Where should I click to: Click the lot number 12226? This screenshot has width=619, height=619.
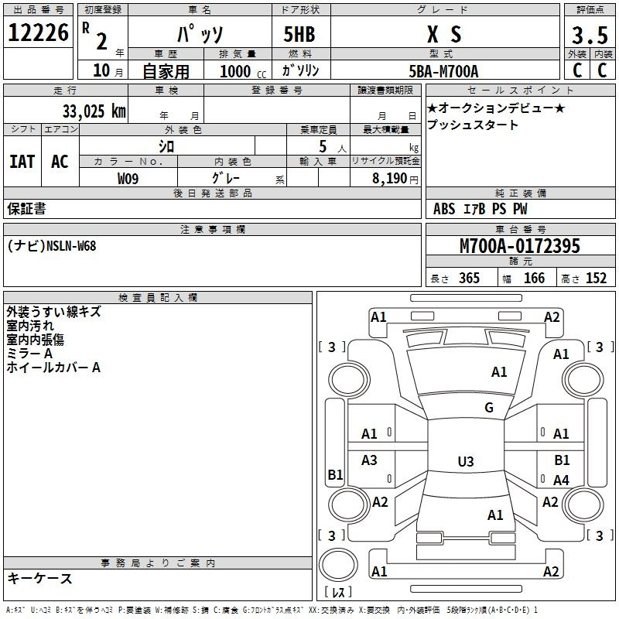[38, 32]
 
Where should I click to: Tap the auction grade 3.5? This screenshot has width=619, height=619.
[590, 35]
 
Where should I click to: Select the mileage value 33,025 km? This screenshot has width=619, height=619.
[94, 111]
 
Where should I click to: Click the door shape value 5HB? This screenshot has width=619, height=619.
[299, 34]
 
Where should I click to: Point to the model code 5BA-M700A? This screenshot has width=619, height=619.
[443, 71]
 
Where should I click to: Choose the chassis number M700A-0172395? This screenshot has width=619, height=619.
[520, 246]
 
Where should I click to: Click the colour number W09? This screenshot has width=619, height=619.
[128, 179]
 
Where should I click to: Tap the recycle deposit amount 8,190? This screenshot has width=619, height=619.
[389, 179]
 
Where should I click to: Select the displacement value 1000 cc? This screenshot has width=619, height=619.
[243, 71]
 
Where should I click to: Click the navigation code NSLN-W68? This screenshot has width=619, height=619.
[71, 246]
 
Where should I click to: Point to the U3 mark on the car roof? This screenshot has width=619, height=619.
[466, 461]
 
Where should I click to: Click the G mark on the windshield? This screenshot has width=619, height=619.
[489, 408]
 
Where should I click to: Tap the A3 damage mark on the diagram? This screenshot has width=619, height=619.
[369, 460]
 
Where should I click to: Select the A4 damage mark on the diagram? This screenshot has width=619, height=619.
[561, 480]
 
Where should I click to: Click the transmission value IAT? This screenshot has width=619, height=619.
[22, 162]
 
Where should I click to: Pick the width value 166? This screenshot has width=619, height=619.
[534, 278]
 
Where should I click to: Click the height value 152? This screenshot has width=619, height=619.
[596, 278]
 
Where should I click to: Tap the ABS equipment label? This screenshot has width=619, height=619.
[444, 209]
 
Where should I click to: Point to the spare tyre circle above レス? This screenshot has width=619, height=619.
[338, 565]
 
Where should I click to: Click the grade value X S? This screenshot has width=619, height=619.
[444, 34]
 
